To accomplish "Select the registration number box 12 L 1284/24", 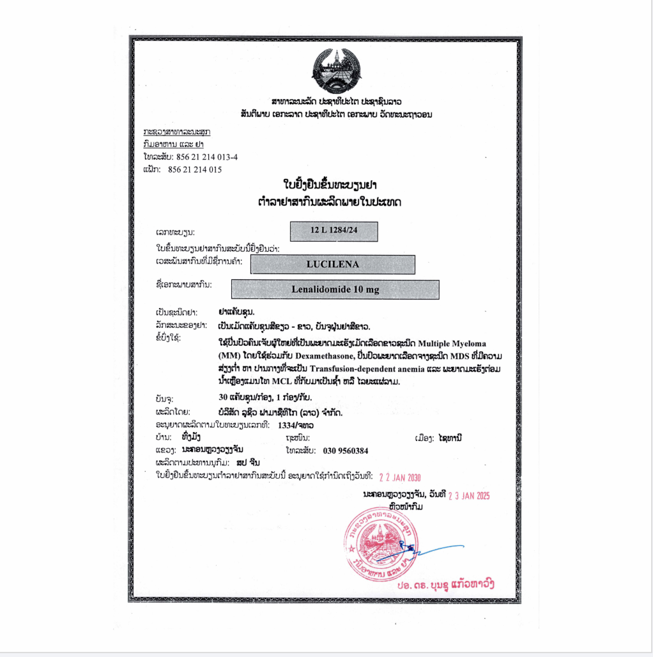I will (x=334, y=231).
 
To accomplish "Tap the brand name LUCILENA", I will (x=332, y=264).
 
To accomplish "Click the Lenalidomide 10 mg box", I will (x=335, y=290).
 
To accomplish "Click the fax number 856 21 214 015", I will (x=195, y=169).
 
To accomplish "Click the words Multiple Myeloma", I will (x=452, y=343).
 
